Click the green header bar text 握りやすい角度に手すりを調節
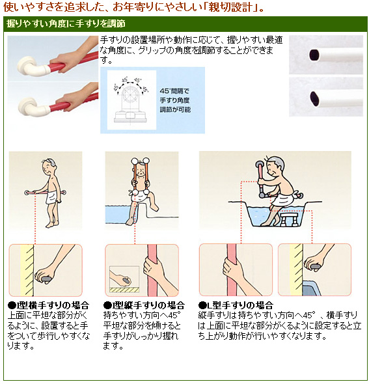click(x=66, y=23)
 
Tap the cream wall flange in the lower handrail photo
click(x=28, y=107)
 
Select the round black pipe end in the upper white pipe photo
click(x=314, y=55)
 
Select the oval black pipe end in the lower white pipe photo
click(x=314, y=98)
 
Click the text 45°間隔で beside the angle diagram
click(x=174, y=91)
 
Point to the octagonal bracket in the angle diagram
click(x=131, y=94)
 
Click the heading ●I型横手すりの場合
click(x=48, y=305)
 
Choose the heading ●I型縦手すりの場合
click(x=144, y=305)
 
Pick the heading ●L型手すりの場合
click(x=236, y=305)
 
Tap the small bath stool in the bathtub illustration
click(x=290, y=219)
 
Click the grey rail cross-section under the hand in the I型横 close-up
click(x=46, y=279)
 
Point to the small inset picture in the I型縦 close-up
click(x=124, y=279)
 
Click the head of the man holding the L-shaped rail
click(x=275, y=167)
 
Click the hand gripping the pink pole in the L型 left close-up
click(x=232, y=269)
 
